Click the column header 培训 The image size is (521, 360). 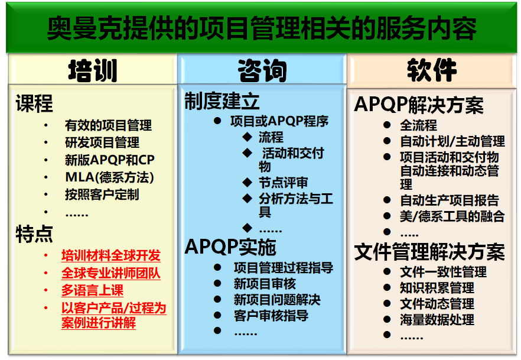click(x=92, y=70)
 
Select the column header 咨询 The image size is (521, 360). click(x=262, y=70)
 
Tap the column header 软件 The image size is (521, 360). click(x=431, y=70)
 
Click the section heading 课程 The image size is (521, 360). click(x=34, y=104)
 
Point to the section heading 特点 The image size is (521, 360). click(x=34, y=234)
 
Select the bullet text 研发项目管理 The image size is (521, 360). click(x=102, y=142)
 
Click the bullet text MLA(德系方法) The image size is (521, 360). click(x=109, y=177)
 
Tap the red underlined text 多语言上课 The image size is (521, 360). click(x=92, y=291)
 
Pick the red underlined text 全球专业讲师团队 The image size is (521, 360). click(x=111, y=274)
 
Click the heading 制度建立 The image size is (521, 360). click(x=222, y=102)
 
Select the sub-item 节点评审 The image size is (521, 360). click(x=283, y=183)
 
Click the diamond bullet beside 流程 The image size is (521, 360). click(x=246, y=138)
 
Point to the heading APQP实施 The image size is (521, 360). click(x=230, y=247)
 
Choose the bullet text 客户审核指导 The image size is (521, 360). click(x=271, y=315)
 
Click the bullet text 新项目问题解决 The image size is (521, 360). click(x=277, y=300)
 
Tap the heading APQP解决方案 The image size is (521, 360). click(x=419, y=105)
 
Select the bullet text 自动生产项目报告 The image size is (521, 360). click(x=450, y=200)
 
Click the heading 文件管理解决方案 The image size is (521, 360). click(x=429, y=252)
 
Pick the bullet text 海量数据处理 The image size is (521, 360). click(x=437, y=320)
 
